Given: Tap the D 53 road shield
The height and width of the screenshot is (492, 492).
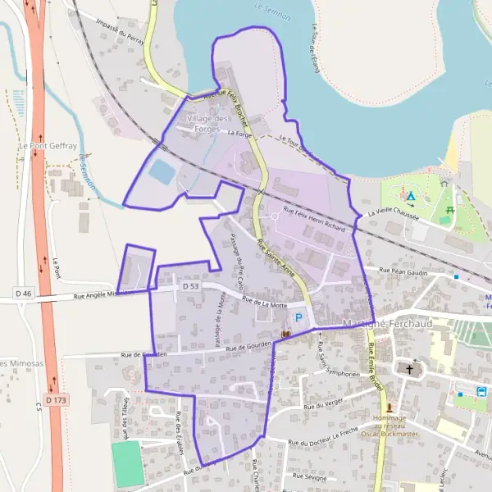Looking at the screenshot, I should click(191, 287).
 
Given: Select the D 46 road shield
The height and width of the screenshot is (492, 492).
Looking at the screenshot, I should click(23, 293).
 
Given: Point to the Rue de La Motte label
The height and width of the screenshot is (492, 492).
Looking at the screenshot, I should click(264, 303).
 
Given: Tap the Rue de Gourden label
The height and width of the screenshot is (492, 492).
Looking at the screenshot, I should click(248, 346).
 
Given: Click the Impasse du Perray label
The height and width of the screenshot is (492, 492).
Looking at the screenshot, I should click(120, 30).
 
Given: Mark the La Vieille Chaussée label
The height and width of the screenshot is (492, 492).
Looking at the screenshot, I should click(394, 214).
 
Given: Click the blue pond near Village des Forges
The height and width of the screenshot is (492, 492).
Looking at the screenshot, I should click(162, 172).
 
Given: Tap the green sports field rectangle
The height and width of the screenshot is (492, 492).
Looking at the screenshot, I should click(127, 464).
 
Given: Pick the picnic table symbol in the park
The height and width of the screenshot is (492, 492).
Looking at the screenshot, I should click(448, 211).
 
